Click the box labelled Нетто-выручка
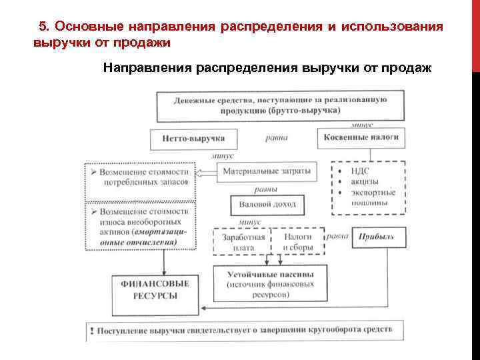click(193, 139)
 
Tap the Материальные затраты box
click(267, 172)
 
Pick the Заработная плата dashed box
click(240, 241)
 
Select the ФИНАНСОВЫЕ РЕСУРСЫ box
click(155, 294)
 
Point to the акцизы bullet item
click(364, 181)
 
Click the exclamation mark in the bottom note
click(91, 330)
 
